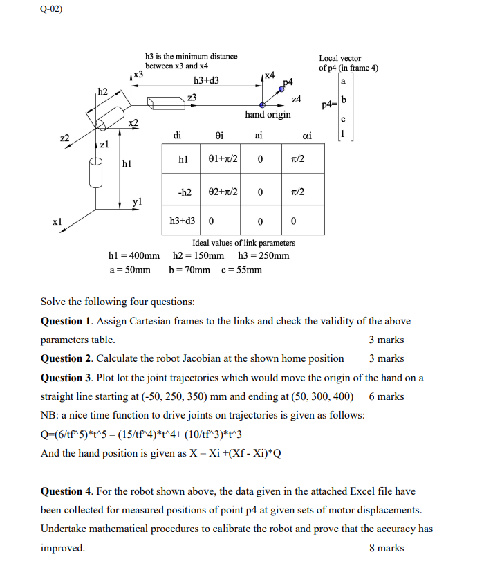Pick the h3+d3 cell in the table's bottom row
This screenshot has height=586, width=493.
[x=183, y=221]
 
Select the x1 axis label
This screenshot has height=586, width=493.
[x=57, y=222]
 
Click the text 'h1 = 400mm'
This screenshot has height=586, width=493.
[x=134, y=256]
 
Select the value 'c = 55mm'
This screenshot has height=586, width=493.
[x=241, y=270]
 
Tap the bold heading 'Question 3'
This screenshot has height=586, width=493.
[x=66, y=378]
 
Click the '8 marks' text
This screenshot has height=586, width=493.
[x=387, y=548]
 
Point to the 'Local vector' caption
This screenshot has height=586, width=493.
[x=339, y=58]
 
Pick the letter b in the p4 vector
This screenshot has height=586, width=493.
[x=344, y=102]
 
